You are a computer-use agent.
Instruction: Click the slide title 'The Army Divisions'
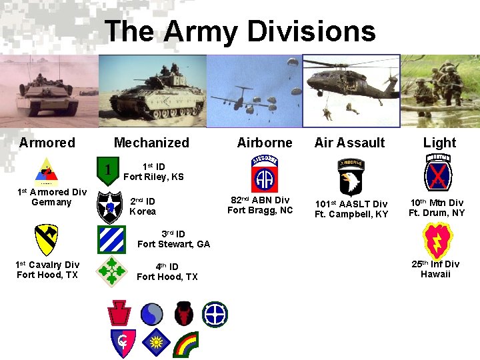pyautogui.click(x=240, y=31)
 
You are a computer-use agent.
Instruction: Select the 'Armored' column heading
pyautogui.click(x=47, y=143)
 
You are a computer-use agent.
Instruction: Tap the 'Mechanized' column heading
pyautogui.click(x=151, y=143)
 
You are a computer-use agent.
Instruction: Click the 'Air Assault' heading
pyautogui.click(x=349, y=143)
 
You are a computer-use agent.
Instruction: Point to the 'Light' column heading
pyautogui.click(x=439, y=143)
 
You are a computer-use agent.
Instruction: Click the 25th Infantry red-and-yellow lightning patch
pyautogui.click(x=437, y=241)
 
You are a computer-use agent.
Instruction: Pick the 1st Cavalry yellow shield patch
pyautogui.click(x=45, y=241)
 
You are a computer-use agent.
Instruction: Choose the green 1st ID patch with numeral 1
pyautogui.click(x=107, y=170)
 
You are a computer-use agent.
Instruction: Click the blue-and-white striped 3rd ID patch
pyautogui.click(x=111, y=239)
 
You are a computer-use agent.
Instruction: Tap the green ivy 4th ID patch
pyautogui.click(x=111, y=271)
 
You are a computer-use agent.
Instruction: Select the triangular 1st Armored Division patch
pyautogui.click(x=46, y=171)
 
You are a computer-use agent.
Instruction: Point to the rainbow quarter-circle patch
pyautogui.click(x=185, y=345)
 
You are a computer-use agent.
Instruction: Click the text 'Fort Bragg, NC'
pyautogui.click(x=260, y=211)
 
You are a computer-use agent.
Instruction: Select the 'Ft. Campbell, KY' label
pyautogui.click(x=351, y=214)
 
